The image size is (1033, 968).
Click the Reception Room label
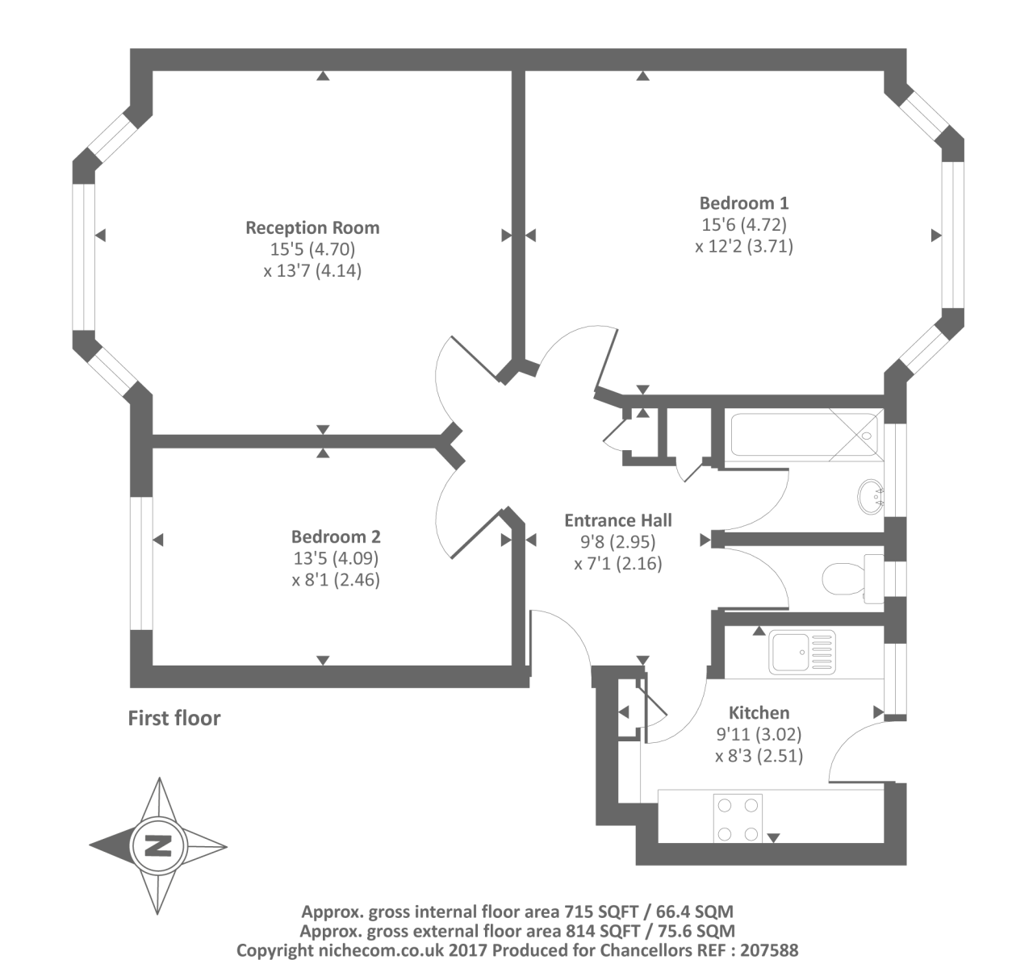pos(312,227)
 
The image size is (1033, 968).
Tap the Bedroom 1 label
pos(744,202)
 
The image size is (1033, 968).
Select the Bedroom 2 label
pos(336,536)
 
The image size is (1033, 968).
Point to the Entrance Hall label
pos(618,520)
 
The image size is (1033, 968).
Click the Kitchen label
pos(759,712)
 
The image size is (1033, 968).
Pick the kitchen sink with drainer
pos(801,653)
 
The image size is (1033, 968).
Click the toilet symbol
pos(853,578)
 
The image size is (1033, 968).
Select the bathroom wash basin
pos(870,497)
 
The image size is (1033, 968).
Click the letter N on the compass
pos(158,845)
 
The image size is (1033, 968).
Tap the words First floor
pos(174,718)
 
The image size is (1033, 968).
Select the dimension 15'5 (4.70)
pos(312,249)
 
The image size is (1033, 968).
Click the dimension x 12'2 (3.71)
pos(744,245)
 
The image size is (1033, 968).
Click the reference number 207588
pos(769,950)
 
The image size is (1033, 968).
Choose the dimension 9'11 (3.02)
pos(759,734)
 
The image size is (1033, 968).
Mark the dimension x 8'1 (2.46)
pos(336,579)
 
